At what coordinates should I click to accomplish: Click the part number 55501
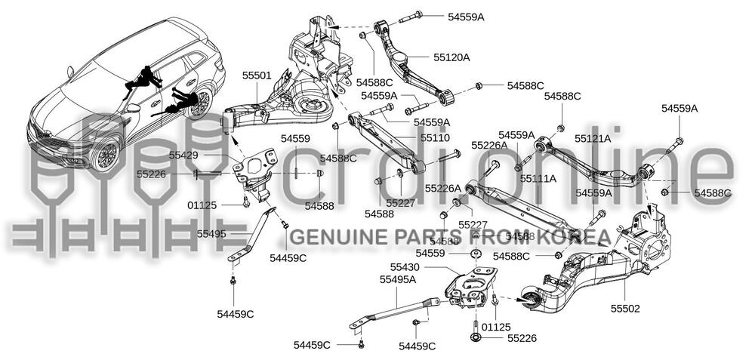257,75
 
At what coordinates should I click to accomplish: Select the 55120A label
451,57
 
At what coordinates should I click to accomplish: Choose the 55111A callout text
538,179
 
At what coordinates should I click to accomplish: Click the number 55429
185,155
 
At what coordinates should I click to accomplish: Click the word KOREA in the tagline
573,238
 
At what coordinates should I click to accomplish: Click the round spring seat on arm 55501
312,109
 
